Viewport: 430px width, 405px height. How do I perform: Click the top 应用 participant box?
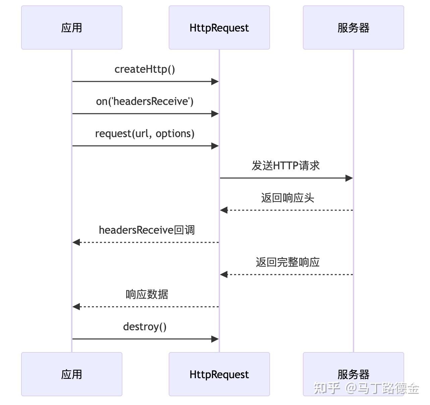click(x=71, y=27)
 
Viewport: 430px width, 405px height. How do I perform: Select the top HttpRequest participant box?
click(x=219, y=27)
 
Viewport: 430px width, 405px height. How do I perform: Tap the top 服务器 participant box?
click(x=353, y=27)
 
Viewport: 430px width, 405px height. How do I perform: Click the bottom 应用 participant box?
click(x=71, y=374)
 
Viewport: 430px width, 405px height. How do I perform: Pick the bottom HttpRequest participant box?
click(x=219, y=374)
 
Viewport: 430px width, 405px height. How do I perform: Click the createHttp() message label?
click(x=145, y=69)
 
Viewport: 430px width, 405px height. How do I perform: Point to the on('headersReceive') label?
click(x=145, y=101)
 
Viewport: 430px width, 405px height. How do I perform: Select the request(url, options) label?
click(x=145, y=133)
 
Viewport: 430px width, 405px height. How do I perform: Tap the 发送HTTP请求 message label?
click(x=286, y=166)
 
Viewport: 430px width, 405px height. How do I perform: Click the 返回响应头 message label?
click(x=287, y=198)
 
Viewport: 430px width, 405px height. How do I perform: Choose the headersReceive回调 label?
click(x=147, y=230)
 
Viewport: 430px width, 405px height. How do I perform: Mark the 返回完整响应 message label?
click(x=287, y=262)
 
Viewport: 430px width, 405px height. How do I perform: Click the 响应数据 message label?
click(x=147, y=294)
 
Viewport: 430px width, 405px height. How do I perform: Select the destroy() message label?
click(x=145, y=327)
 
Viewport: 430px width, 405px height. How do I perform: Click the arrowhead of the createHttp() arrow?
click(x=215, y=81)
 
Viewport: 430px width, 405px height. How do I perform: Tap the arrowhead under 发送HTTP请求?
click(x=349, y=178)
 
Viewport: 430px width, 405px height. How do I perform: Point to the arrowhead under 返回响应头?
click(x=224, y=210)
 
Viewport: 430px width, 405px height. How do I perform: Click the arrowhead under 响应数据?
click(x=76, y=307)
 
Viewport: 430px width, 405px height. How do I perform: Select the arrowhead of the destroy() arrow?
click(x=215, y=339)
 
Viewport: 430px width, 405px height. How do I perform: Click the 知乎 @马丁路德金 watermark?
click(x=366, y=388)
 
